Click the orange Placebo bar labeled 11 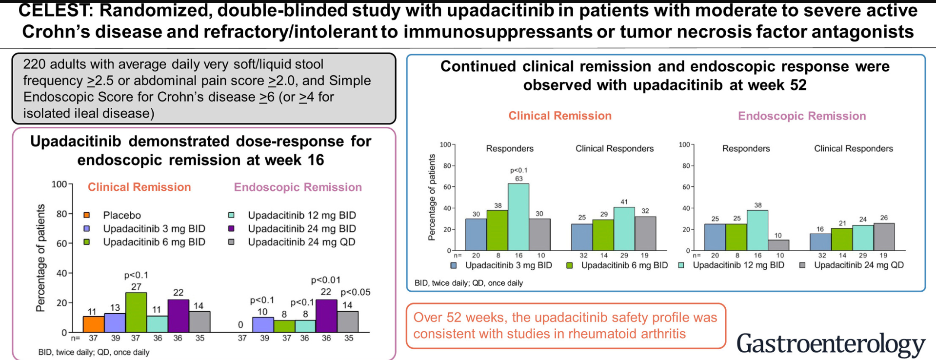click(94, 324)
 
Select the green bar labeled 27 click(136, 312)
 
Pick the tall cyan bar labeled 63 click(518, 217)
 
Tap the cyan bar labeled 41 click(624, 229)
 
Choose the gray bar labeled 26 click(884, 237)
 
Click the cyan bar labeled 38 click(757, 230)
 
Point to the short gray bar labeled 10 click(778, 245)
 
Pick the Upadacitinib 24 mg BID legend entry click(301, 228)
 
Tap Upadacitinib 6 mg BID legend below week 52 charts click(624, 265)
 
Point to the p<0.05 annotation click(356, 292)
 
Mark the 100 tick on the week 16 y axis click(59, 184)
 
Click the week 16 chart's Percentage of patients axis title click(40, 258)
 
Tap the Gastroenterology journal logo click(831, 343)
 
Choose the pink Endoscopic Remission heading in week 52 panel click(801, 116)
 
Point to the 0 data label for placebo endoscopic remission click(240, 325)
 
